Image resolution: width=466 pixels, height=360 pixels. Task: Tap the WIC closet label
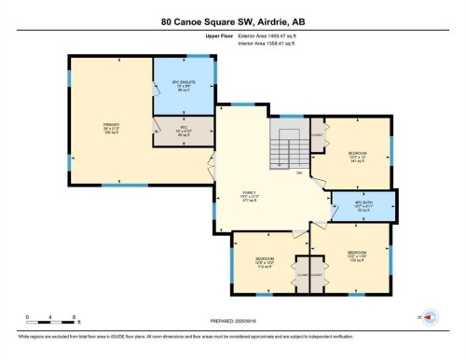pyautogui.click(x=183, y=132)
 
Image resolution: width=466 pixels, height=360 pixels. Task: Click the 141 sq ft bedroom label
pyautogui.click(x=357, y=157)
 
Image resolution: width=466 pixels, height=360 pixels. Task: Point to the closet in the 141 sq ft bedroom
pyautogui.click(x=318, y=135)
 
